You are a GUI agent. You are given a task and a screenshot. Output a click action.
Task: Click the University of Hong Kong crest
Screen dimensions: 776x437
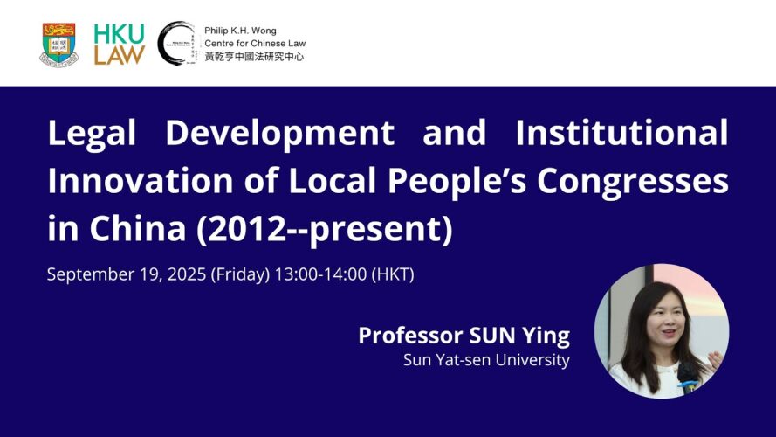click(59, 44)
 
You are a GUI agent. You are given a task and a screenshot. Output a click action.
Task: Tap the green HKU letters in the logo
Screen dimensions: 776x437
click(119, 34)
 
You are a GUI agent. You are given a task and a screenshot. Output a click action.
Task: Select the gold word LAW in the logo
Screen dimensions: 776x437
click(119, 55)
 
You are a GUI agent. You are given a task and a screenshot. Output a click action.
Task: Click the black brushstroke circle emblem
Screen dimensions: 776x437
click(176, 44)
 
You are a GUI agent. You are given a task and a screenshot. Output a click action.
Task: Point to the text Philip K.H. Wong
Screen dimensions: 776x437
click(240, 31)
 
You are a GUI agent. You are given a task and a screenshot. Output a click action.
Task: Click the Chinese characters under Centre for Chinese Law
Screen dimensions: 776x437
click(254, 57)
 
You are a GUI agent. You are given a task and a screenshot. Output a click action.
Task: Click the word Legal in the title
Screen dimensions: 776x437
click(92, 133)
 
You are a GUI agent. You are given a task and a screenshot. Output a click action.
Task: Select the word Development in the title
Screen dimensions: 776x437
click(279, 133)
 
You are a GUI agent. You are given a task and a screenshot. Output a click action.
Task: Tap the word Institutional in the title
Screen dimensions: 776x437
click(621, 133)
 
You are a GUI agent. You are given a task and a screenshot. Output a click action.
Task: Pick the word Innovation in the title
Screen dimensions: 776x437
click(140, 180)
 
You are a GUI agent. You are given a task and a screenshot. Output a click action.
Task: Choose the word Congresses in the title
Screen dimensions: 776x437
click(633, 182)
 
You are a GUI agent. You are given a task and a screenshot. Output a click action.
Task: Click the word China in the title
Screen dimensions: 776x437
click(137, 228)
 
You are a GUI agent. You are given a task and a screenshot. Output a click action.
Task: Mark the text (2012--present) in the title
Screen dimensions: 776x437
click(325, 229)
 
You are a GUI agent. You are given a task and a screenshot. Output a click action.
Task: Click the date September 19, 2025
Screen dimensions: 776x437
click(127, 274)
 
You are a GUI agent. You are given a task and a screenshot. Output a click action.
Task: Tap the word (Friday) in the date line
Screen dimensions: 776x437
click(241, 274)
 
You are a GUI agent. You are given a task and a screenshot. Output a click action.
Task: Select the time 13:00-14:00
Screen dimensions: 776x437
click(320, 274)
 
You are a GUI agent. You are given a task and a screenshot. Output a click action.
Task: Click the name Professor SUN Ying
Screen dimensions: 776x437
click(464, 336)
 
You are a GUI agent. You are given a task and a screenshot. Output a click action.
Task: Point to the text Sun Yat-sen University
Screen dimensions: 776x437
click(486, 360)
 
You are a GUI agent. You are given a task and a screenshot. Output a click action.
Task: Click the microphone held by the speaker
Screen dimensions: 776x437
click(685, 378)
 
